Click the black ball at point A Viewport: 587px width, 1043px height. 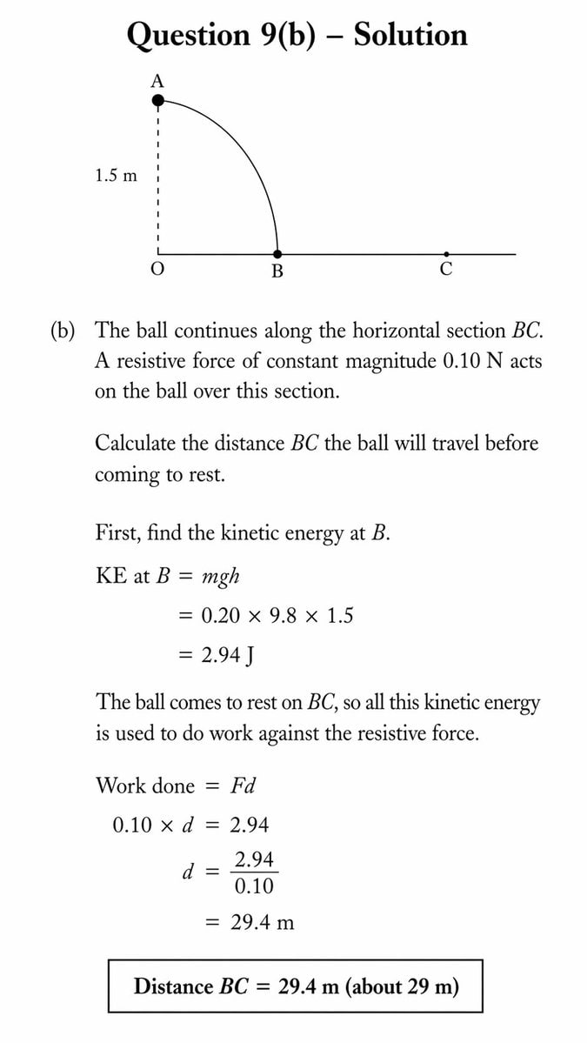point(157,101)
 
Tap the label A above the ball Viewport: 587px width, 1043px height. point(157,81)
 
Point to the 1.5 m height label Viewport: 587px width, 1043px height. point(116,176)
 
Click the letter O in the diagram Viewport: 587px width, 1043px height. point(157,270)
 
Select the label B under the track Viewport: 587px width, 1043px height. point(277,271)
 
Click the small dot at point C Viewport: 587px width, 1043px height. point(446,254)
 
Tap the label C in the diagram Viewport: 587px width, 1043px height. point(446,270)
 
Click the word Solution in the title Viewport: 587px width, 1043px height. point(410,35)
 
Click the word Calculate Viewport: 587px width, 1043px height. point(137,443)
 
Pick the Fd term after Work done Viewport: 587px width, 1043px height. point(243,786)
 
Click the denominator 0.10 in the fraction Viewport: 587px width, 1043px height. point(254,886)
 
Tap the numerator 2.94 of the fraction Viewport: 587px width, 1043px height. point(254,860)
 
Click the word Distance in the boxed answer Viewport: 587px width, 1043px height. point(173,986)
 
